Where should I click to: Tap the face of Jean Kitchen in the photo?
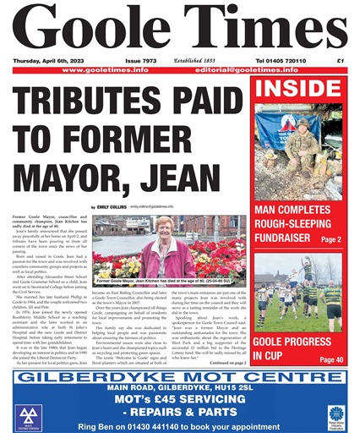point(166,227)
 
